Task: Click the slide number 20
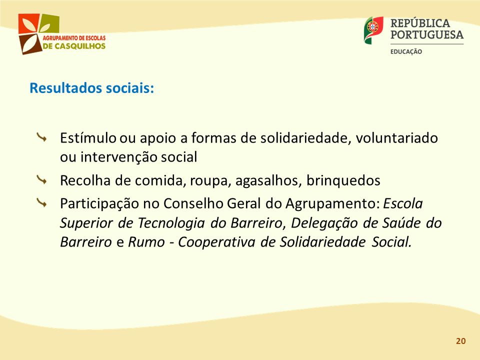460,341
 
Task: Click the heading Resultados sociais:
92,88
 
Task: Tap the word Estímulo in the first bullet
88,138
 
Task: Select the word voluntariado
396,138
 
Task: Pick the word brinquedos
343,180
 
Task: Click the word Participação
99,204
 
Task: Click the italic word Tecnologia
171,223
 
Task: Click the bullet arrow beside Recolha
41,179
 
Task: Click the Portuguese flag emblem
373,29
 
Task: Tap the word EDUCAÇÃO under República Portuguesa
406,51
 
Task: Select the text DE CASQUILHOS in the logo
74,46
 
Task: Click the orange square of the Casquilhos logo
29,23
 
